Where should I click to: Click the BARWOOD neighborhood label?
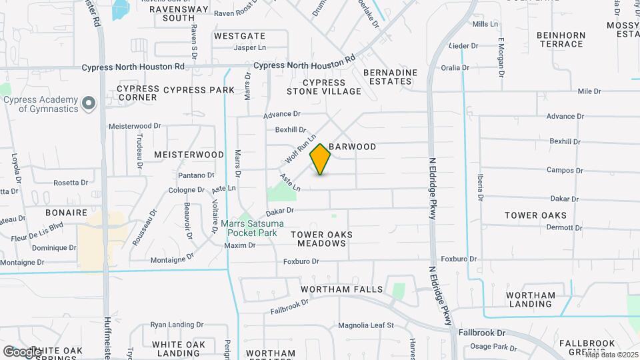pos(353,147)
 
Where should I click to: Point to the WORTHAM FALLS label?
pos(342,289)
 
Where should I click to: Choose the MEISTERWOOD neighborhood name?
pos(189,155)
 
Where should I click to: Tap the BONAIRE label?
pos(67,213)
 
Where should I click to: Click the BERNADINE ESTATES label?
pos(391,77)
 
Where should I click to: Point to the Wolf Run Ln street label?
pos(299,150)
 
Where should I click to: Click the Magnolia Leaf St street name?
pos(366,326)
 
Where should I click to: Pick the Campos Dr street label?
pos(564,170)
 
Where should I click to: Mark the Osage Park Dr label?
pos(494,347)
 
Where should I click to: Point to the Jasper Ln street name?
pos(250,48)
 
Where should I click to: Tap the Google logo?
pos(21,351)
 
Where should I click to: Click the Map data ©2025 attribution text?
pos(611,354)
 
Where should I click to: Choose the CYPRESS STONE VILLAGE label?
pos(324,87)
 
